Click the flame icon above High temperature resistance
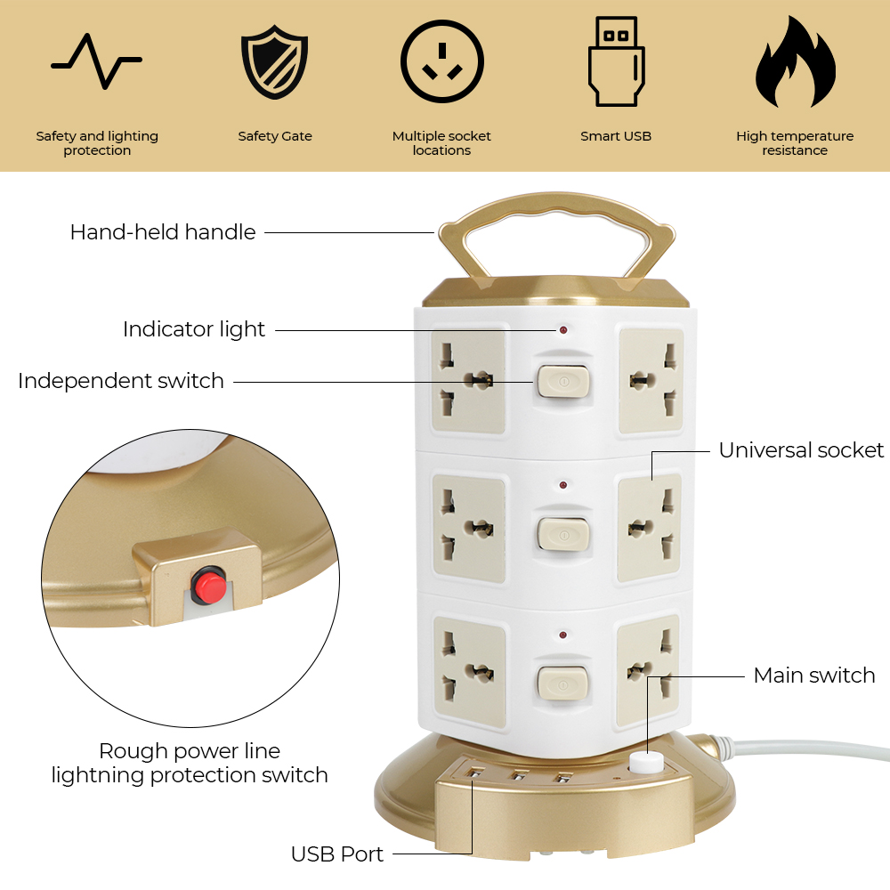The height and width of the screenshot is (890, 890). coord(795,61)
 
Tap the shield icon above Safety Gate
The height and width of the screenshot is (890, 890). coord(275,61)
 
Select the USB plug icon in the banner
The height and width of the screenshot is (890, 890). coord(616,61)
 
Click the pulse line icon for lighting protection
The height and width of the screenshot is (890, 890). coord(96,61)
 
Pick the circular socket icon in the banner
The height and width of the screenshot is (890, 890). coord(442,61)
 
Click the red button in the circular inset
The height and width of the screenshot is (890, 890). coord(208,586)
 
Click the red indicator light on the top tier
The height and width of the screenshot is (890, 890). coord(563,330)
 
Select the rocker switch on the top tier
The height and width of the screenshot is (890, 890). coord(563,381)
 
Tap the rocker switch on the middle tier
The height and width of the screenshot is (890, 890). coord(563,533)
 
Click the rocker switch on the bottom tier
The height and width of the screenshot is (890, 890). coord(562,684)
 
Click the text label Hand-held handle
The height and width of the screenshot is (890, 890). coord(163,232)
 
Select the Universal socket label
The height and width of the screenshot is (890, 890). coord(801,450)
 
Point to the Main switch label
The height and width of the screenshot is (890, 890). coord(814,676)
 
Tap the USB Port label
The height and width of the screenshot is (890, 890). coord(337,854)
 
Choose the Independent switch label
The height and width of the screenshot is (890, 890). coord(121,381)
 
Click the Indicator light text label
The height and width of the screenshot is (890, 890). coord(194,330)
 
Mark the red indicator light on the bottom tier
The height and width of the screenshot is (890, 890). coord(562,635)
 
